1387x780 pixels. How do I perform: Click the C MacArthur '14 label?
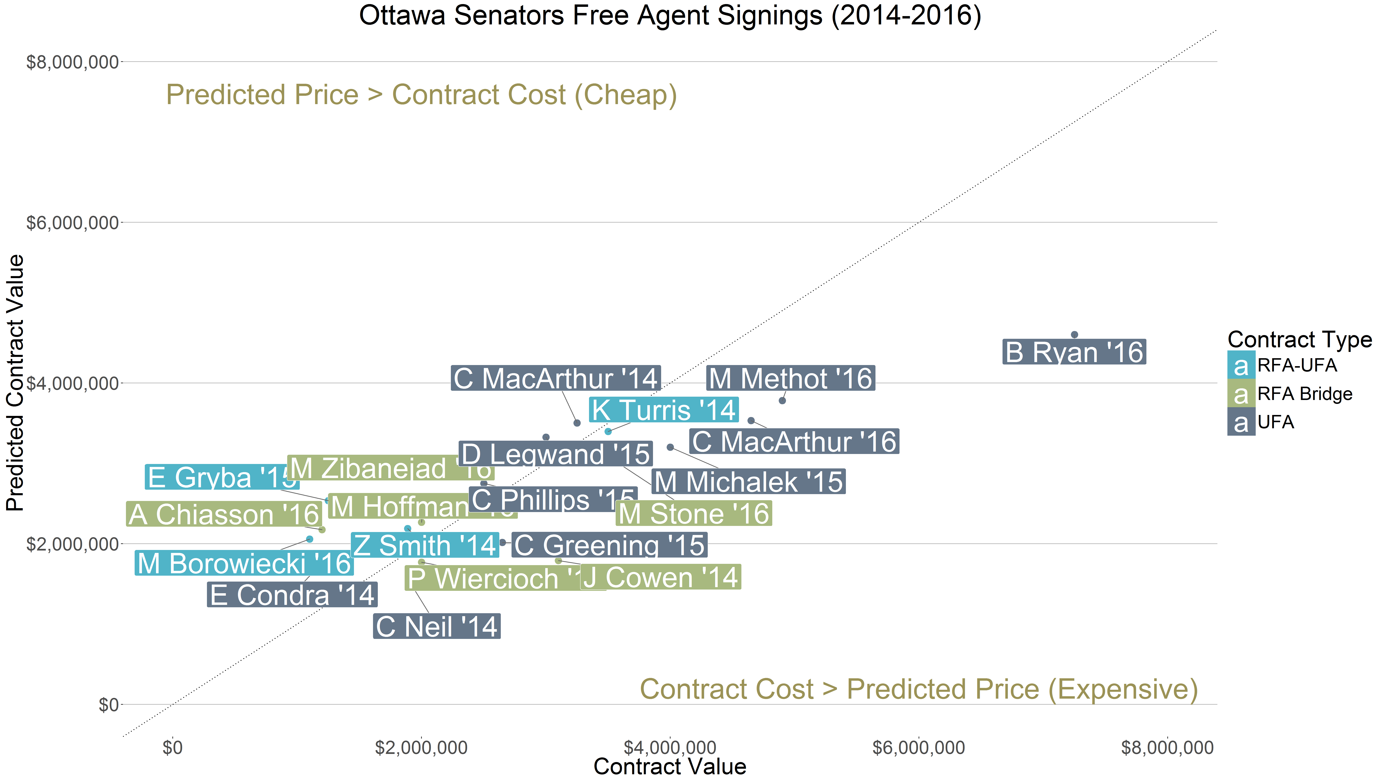(x=556, y=378)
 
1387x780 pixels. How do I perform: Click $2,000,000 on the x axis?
(x=421, y=748)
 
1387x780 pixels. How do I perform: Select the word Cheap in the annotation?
(x=625, y=95)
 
